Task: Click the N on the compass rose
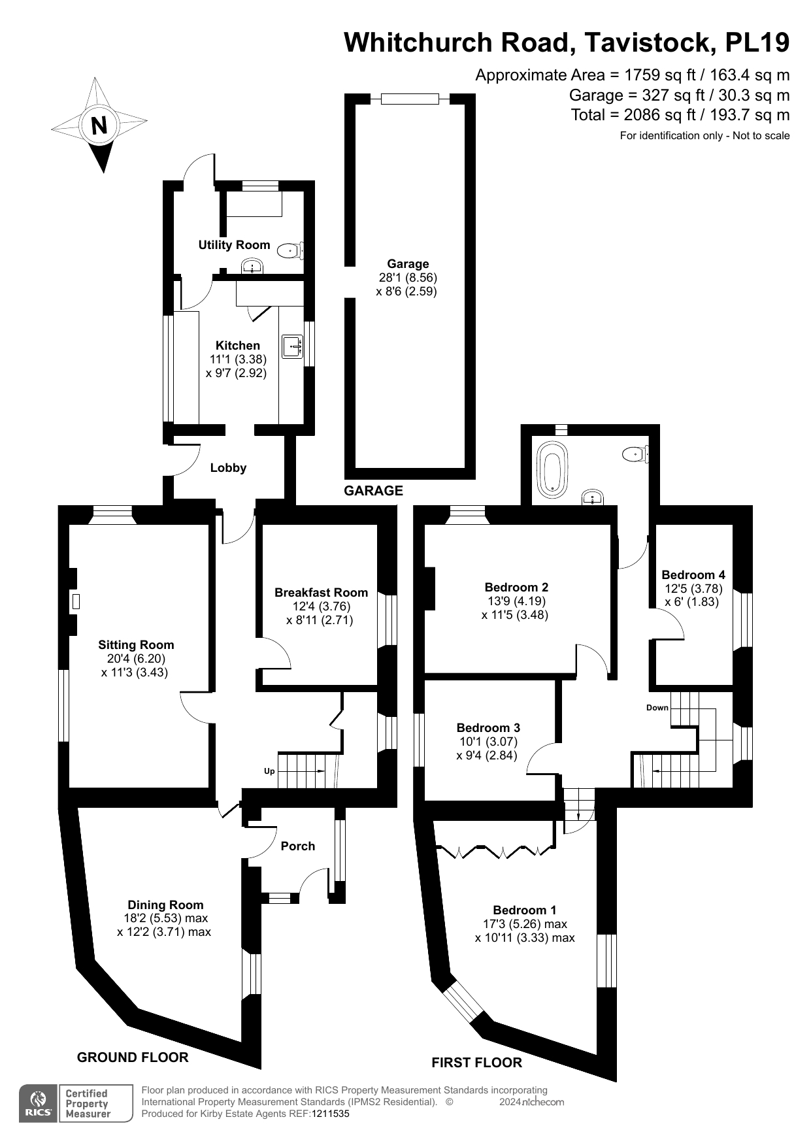coord(99,125)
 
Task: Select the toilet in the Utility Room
coord(289,250)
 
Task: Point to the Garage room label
coord(408,263)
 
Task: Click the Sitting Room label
coord(136,644)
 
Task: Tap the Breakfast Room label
coord(321,593)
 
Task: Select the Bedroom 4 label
coord(693,575)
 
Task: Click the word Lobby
coord(228,468)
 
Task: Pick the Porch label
coord(298,846)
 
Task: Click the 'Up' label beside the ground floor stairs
coord(269,771)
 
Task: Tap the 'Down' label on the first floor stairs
coord(657,708)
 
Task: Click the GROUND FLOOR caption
coord(133,1057)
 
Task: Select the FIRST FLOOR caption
coord(476,1063)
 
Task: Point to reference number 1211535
coord(331,1114)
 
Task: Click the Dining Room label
coord(165,905)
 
